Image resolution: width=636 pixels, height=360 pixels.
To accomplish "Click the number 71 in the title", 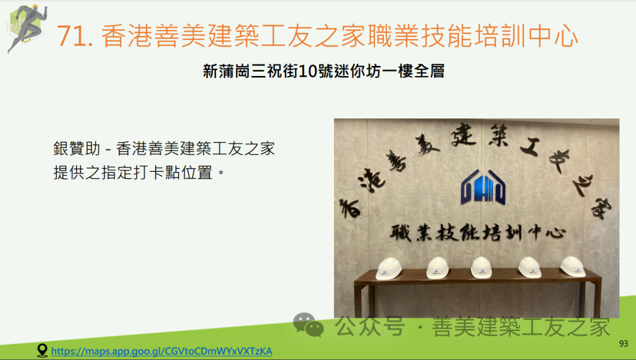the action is pyautogui.click(x=72, y=36).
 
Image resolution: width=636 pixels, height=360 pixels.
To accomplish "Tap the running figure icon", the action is pyautogui.click(x=26, y=28).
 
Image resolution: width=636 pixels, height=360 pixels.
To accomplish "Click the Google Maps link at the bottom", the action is pyautogui.click(x=161, y=351).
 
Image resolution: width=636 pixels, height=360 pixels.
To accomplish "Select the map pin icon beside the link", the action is pyautogui.click(x=42, y=350).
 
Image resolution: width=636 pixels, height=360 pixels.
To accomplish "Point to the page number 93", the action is pyautogui.click(x=624, y=344).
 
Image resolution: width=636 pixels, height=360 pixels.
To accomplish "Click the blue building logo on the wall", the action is pyautogui.click(x=483, y=187).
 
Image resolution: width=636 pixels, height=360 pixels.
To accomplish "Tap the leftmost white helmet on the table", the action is pyautogui.click(x=389, y=268).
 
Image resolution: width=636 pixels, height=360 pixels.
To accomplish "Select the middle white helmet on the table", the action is pyautogui.click(x=482, y=267).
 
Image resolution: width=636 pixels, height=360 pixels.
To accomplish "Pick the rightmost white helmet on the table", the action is pyautogui.click(x=572, y=266).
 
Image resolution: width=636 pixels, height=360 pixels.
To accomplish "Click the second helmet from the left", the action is pyautogui.click(x=438, y=268).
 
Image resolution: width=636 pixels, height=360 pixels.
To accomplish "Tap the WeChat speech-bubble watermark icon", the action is pyautogui.click(x=308, y=325).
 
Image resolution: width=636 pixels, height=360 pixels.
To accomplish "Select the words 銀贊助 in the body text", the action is pyautogui.click(x=76, y=148).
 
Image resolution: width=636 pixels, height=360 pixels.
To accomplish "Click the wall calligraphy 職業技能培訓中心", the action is pyautogui.click(x=478, y=233).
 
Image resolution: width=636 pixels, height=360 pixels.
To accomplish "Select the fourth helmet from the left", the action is pyautogui.click(x=529, y=267).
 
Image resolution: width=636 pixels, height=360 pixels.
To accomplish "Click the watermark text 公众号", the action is pyautogui.click(x=370, y=326).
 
